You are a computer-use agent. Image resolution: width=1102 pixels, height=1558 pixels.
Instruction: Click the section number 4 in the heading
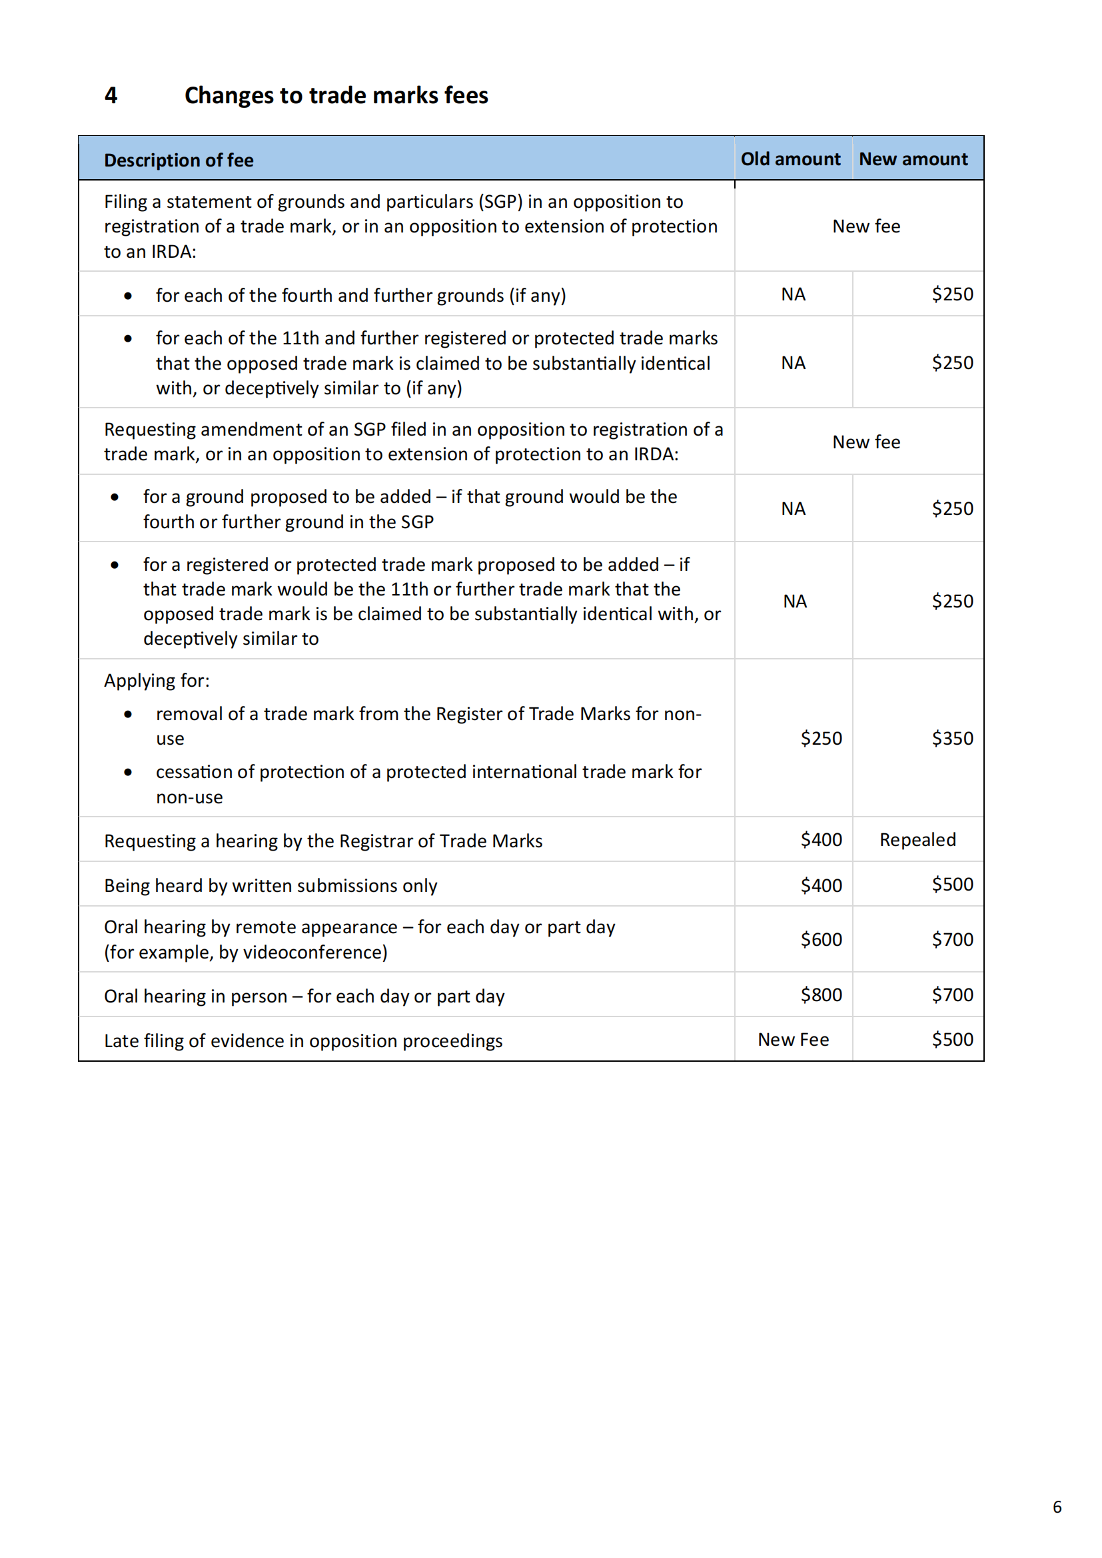[x=111, y=96]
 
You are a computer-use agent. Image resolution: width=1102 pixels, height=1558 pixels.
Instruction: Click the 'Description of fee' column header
[x=179, y=160]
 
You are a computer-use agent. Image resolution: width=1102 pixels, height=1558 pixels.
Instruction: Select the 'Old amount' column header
[x=790, y=159]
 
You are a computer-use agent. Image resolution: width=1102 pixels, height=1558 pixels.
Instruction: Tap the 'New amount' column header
[x=913, y=159]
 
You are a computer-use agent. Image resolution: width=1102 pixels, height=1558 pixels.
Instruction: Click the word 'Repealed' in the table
[x=917, y=840]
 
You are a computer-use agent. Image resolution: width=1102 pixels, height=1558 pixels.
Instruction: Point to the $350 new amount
[x=952, y=738]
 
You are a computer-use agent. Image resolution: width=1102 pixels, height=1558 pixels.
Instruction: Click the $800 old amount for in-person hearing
[x=821, y=994]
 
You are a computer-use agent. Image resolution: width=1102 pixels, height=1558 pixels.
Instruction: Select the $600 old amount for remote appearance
[x=821, y=940]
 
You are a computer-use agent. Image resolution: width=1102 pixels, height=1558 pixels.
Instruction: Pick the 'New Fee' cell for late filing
[x=794, y=1040]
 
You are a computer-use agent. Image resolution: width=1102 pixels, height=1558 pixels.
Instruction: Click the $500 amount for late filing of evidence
[x=952, y=1040]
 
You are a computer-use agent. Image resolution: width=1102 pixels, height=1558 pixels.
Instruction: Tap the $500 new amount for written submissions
[x=952, y=884]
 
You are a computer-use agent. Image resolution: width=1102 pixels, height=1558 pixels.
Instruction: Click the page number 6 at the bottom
[x=1057, y=1507]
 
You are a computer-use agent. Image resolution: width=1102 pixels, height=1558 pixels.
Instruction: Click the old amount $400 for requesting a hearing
[x=821, y=840]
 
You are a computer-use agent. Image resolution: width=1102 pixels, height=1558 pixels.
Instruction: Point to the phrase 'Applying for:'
[x=157, y=681]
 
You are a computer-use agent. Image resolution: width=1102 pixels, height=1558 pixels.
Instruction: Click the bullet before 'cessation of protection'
[x=128, y=772]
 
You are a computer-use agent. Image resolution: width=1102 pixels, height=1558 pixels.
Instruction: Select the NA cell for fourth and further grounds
[x=794, y=294]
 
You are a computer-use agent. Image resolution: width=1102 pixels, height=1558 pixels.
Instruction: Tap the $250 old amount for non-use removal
[x=821, y=738]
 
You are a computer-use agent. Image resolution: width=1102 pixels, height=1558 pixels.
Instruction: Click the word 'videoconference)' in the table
[x=316, y=953]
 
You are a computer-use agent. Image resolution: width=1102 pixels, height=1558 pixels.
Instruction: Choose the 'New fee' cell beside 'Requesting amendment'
[x=866, y=442]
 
